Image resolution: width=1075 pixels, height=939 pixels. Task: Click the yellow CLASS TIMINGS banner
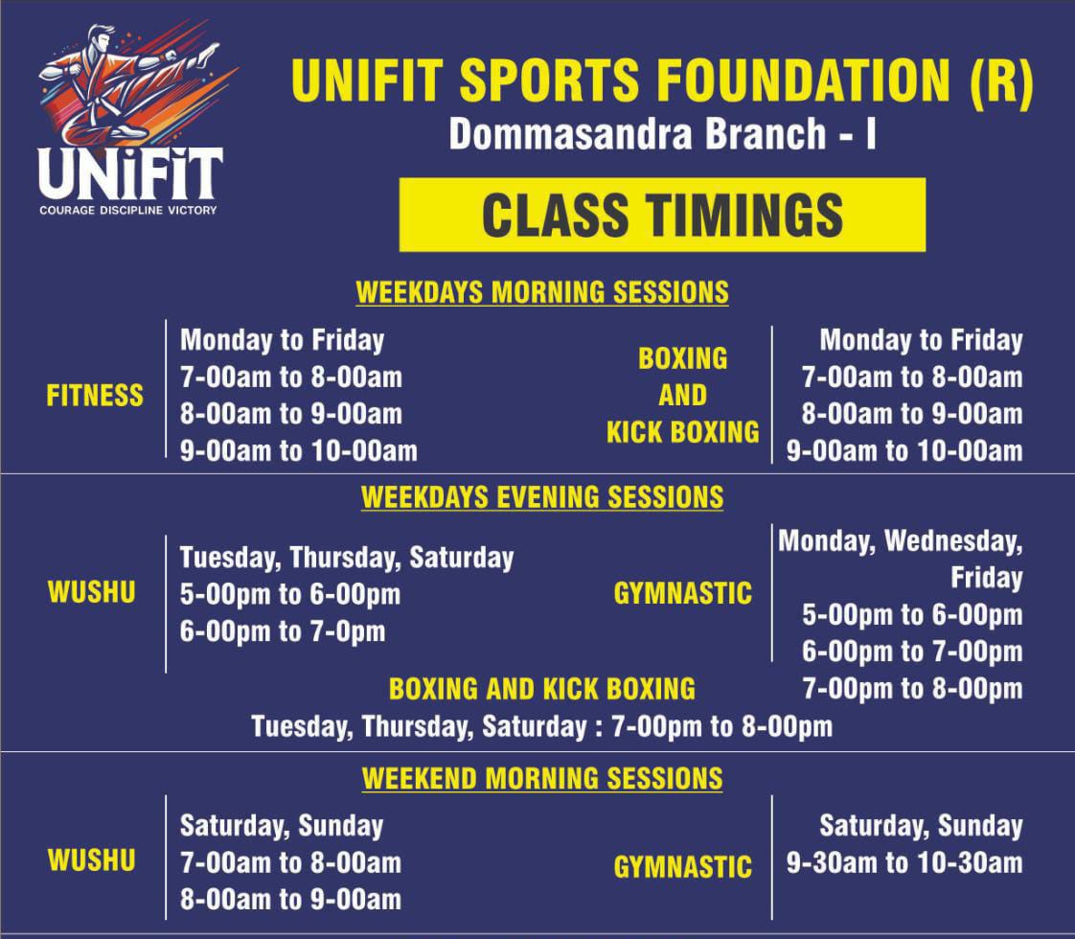662,215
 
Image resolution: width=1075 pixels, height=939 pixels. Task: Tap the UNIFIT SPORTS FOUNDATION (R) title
662,80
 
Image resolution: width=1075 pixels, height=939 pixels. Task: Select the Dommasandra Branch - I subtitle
662,133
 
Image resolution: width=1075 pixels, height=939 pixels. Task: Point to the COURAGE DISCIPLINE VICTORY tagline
128,211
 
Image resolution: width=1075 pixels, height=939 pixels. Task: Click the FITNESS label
95,396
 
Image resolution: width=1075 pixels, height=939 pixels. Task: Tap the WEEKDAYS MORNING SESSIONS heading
542,292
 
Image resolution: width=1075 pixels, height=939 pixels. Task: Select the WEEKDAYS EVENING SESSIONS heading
542,497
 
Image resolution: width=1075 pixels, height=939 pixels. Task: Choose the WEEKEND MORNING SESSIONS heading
542,779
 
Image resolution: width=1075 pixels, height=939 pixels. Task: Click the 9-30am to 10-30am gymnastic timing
904,863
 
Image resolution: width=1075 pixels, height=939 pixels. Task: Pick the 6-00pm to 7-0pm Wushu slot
283,631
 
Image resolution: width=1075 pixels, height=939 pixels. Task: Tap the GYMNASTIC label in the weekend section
683,867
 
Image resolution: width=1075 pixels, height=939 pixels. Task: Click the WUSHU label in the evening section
92,592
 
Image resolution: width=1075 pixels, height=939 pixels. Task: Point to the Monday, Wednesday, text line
901,541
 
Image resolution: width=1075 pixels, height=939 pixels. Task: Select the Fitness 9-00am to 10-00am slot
299,451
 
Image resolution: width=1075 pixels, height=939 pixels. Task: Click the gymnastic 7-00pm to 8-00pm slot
912,689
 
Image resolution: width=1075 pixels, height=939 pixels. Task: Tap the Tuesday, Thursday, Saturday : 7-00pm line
542,726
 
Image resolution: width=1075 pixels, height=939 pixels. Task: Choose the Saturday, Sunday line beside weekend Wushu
282,827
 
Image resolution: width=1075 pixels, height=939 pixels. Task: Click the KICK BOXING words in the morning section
683,432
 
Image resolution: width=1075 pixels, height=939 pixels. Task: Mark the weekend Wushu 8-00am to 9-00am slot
290,900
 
